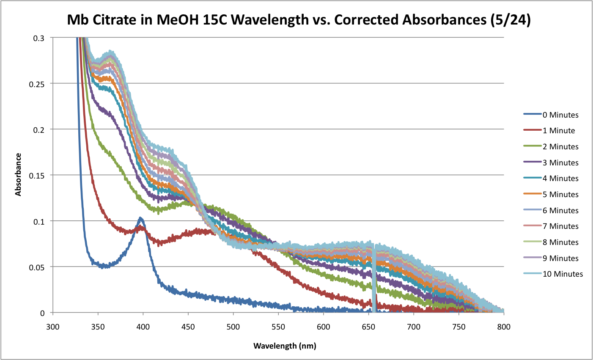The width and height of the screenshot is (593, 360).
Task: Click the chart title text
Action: click(x=298, y=19)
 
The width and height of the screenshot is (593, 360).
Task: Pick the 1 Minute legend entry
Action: click(x=559, y=131)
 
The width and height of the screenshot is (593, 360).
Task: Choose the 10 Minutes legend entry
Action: click(x=563, y=274)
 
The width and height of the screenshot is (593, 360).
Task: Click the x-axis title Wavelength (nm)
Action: click(x=285, y=346)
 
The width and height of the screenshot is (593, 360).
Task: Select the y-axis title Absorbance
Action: click(x=18, y=174)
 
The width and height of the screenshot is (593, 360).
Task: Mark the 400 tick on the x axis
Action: click(x=143, y=327)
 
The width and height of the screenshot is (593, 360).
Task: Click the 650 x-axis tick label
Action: click(x=368, y=327)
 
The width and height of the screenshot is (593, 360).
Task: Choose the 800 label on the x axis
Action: click(x=504, y=327)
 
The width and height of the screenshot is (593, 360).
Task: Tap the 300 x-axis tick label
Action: click(x=53, y=327)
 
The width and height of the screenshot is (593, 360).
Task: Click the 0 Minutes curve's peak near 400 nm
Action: click(x=140, y=219)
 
